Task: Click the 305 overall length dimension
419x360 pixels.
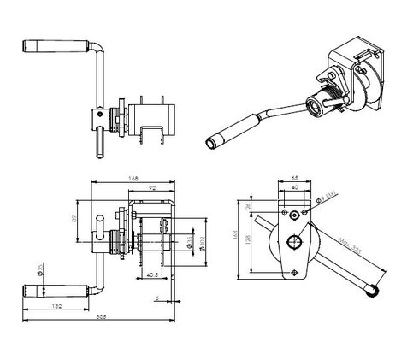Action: coord(101,316)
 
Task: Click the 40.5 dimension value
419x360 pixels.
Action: coord(151,275)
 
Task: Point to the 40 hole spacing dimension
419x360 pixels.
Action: coord(295,189)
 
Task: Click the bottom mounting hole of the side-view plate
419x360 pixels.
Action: coord(295,271)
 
